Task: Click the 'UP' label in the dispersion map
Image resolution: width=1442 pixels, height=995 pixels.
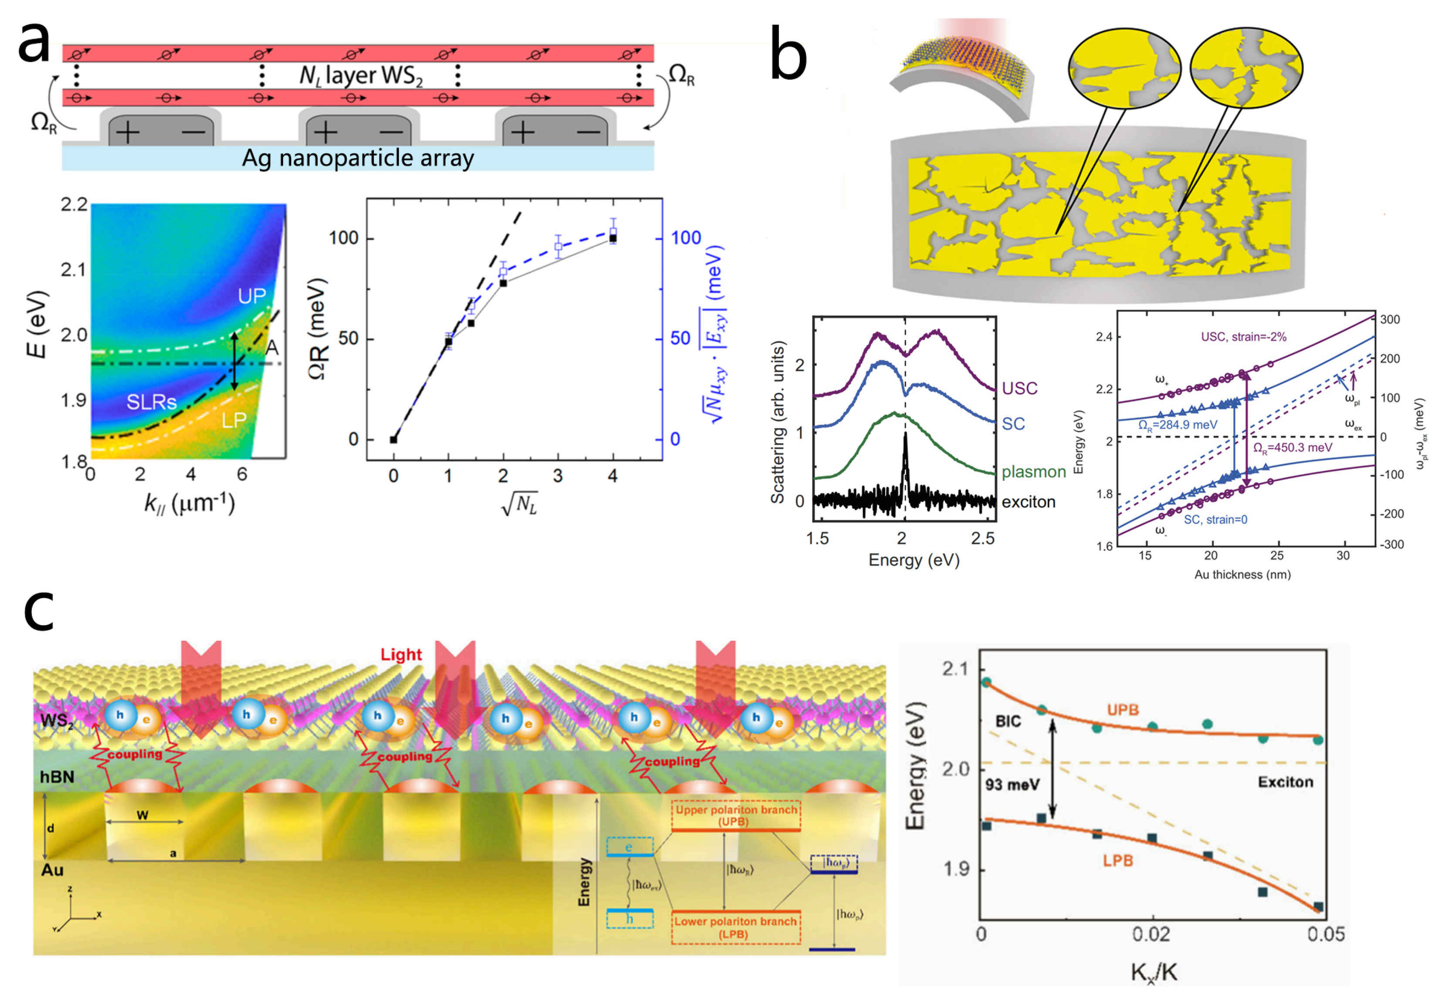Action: click(x=251, y=296)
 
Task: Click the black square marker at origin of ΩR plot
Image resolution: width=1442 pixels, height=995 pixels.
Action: click(x=393, y=440)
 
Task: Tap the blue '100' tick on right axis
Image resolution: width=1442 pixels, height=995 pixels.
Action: click(x=686, y=238)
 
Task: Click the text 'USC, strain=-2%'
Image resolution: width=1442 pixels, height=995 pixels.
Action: click(x=1243, y=337)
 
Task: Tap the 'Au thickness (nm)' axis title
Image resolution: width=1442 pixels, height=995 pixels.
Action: click(x=1242, y=574)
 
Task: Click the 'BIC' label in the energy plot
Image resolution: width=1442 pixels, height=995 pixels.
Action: click(x=1008, y=721)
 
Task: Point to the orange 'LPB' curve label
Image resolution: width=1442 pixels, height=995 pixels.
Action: click(x=1117, y=861)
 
